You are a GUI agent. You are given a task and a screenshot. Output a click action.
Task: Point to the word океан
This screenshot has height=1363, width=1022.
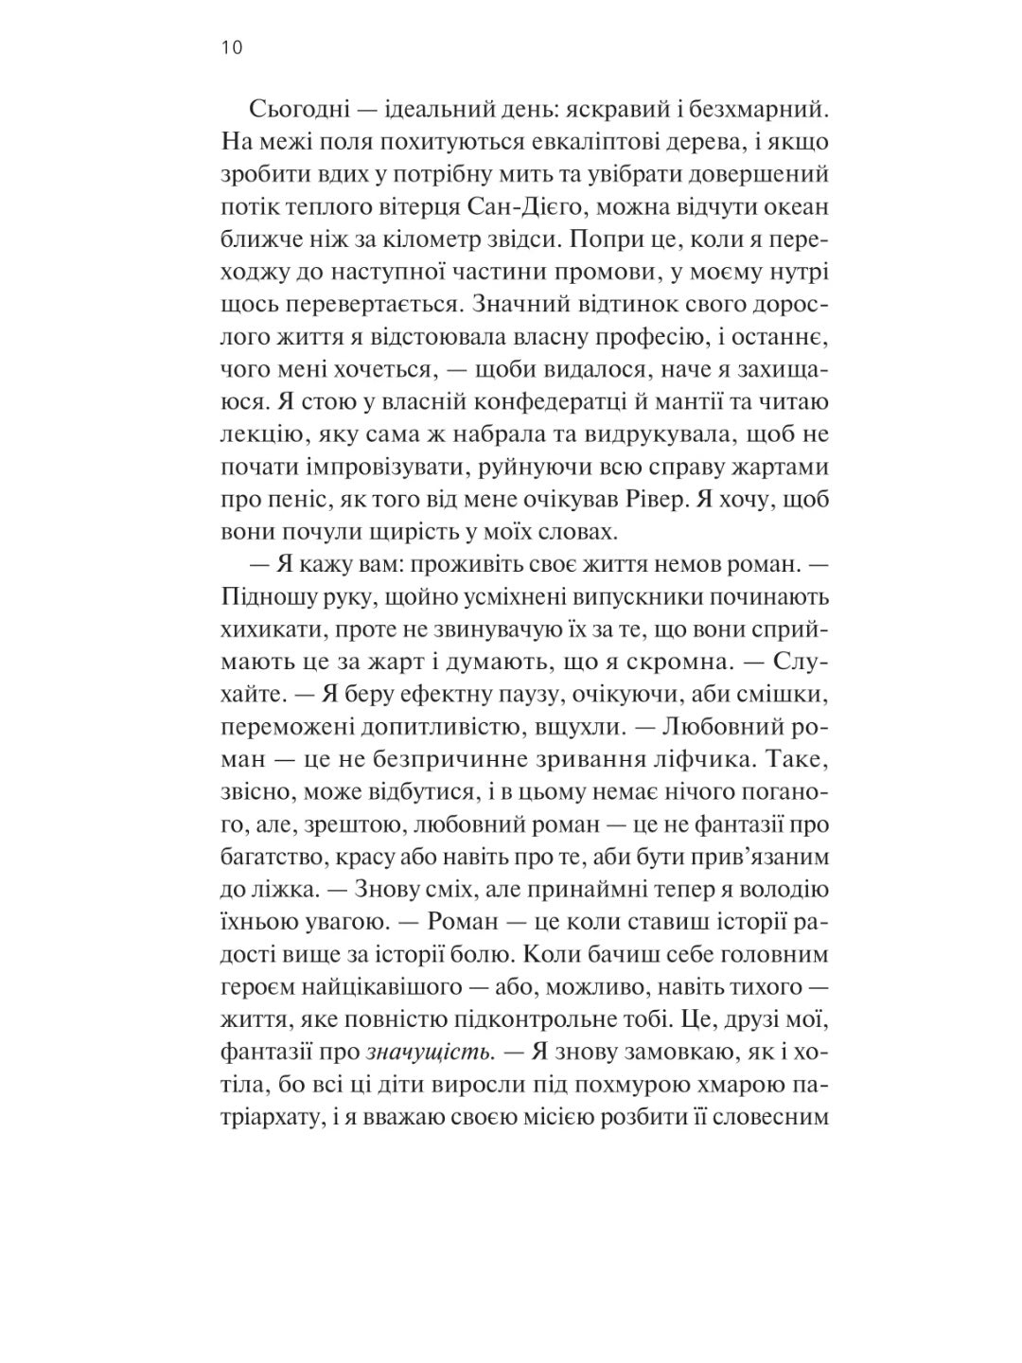(x=794, y=209)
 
